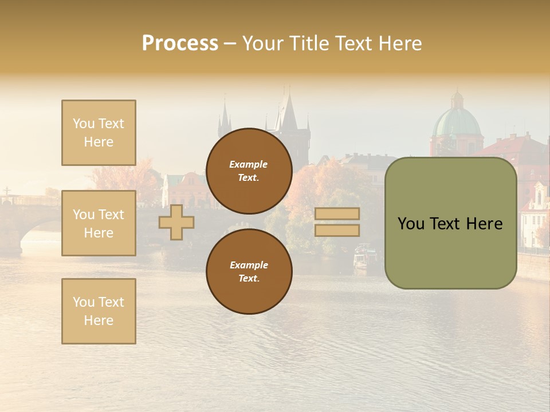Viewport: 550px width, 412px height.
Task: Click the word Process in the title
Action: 180,43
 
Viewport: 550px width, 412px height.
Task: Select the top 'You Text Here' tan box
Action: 99,133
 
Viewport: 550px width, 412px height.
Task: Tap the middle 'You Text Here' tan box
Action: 99,223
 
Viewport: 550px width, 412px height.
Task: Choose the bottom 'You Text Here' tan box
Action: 99,311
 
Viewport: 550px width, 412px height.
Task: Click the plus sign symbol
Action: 176,222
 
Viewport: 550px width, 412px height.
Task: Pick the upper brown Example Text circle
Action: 249,171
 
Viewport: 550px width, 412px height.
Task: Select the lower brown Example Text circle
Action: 249,272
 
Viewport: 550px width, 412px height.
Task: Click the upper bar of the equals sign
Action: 337,214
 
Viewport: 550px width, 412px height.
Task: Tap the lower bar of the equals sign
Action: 337,230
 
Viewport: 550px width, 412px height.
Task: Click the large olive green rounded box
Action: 450,223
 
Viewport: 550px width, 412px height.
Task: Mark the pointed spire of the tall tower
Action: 288,109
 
